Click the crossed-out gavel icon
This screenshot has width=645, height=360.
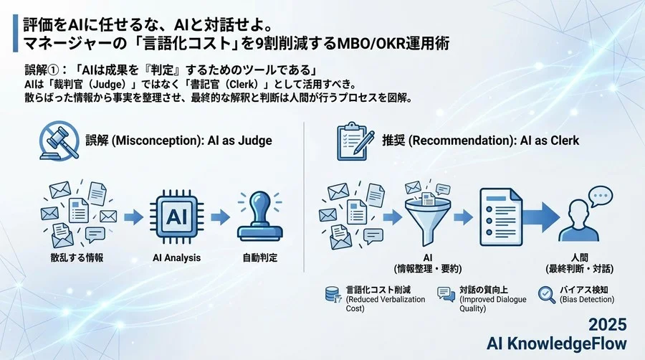tap(58, 141)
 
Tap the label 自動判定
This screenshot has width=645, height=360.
tap(260, 257)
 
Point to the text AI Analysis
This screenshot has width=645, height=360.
tap(177, 257)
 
